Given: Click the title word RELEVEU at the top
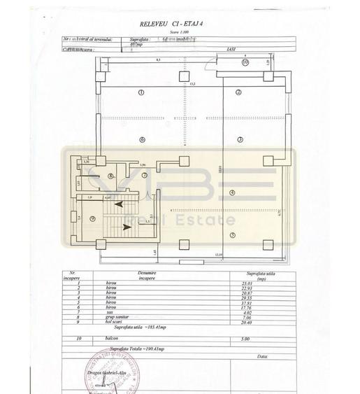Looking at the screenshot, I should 153,24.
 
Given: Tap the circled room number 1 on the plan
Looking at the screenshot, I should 141,92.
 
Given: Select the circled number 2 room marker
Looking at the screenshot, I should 238,92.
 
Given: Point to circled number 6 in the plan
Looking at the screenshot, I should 141,139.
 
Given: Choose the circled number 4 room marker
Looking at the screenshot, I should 232,192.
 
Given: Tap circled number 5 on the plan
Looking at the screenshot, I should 232,234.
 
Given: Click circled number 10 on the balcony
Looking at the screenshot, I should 245,62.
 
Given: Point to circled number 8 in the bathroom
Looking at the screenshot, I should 111,176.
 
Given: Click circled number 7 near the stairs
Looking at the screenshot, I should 145,175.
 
